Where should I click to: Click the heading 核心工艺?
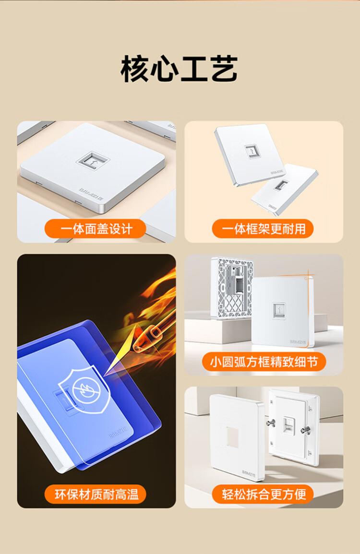point(179,69)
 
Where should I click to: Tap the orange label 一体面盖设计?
point(95,229)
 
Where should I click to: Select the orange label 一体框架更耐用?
point(263,229)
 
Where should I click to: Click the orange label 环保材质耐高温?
point(95,494)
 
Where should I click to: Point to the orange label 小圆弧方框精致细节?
point(264,362)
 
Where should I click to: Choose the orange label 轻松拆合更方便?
point(263,494)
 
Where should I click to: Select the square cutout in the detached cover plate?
point(232,437)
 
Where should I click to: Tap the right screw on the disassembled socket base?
point(305,430)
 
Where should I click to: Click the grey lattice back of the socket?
point(232,287)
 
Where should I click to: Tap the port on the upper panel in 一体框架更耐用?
point(251,151)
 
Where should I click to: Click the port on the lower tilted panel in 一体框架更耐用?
point(281,185)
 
